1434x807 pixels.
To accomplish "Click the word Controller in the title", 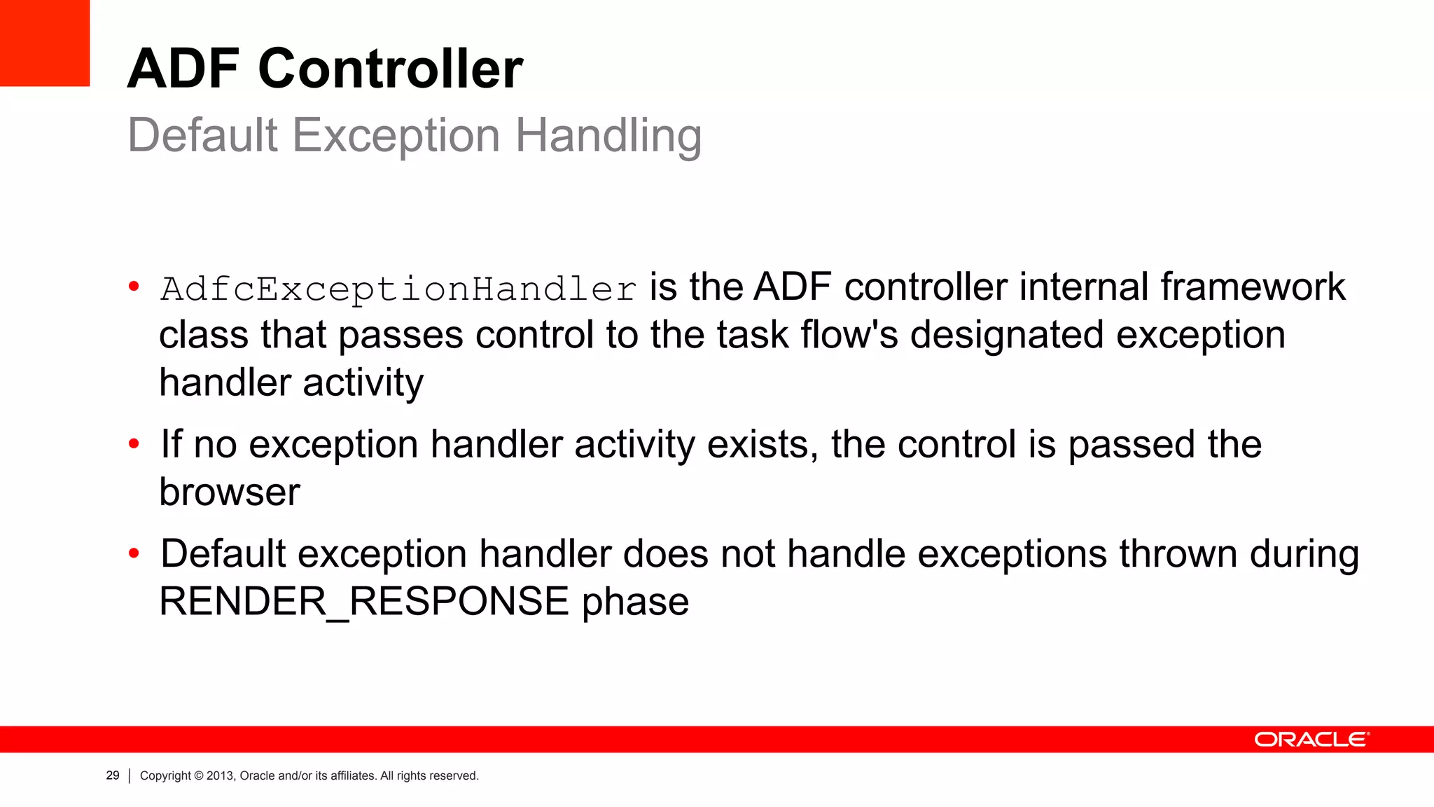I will [390, 69].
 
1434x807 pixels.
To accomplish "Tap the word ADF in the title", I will [183, 69].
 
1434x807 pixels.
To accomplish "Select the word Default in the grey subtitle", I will [203, 134].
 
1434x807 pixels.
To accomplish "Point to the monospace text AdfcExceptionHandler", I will [398, 289].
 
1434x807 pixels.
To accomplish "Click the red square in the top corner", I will [45, 43].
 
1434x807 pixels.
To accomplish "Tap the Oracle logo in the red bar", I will [1311, 740].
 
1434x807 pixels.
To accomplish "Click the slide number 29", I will [113, 775].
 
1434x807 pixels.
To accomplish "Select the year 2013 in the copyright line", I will [219, 775].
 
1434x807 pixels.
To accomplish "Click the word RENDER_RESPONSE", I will [364, 601].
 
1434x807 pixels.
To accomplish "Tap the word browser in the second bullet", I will [230, 492].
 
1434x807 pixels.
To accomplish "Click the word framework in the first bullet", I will [1253, 287].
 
